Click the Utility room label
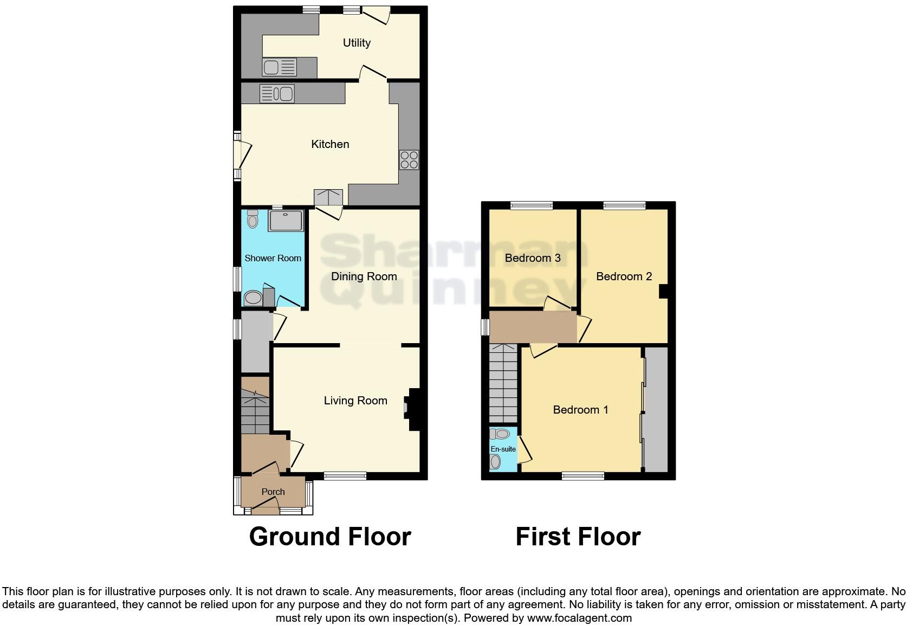pyautogui.click(x=357, y=43)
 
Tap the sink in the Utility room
pyautogui.click(x=279, y=68)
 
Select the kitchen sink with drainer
pyautogui.click(x=277, y=93)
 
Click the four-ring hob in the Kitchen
pyautogui.click(x=409, y=160)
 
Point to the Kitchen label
pyautogui.click(x=330, y=144)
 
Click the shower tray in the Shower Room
pyautogui.click(x=286, y=221)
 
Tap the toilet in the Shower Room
pyautogui.click(x=252, y=220)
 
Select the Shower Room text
pyautogui.click(x=273, y=258)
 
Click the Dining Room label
pyautogui.click(x=364, y=276)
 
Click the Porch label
pyautogui.click(x=273, y=492)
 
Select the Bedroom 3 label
pyautogui.click(x=532, y=258)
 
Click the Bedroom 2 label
pyautogui.click(x=624, y=276)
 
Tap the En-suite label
pyautogui.click(x=503, y=449)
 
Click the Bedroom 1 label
pyautogui.click(x=580, y=410)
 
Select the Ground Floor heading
pyautogui.click(x=330, y=536)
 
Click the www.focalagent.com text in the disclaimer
pyautogui.click(x=579, y=617)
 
